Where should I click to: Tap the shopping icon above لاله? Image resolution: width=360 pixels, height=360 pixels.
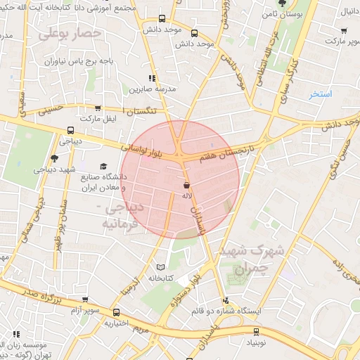[x=186, y=185]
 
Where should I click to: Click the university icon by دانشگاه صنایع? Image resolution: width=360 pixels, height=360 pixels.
[x=104, y=167]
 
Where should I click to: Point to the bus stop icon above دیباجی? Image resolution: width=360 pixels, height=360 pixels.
[x=70, y=130]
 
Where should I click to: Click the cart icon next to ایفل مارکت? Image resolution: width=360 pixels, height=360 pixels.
[x=98, y=109]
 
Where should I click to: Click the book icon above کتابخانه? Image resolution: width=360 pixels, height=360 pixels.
[x=160, y=267]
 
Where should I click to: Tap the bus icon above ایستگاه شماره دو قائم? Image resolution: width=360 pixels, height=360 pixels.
[x=222, y=298]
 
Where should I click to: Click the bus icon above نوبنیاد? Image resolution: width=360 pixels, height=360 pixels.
[x=255, y=331]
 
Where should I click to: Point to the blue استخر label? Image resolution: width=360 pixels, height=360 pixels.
[x=323, y=94]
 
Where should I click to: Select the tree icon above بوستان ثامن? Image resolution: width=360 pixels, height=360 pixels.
[x=281, y=4]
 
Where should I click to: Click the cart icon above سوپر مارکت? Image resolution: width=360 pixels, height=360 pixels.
[x=343, y=31]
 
